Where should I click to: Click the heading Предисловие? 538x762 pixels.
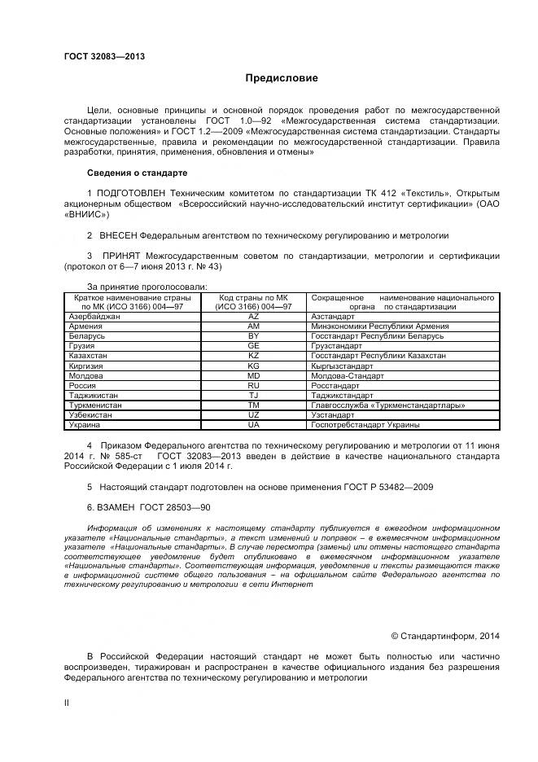tap(282, 78)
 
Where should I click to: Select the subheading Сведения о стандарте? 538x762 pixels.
tap(137, 173)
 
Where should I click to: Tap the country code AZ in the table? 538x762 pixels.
tap(253, 316)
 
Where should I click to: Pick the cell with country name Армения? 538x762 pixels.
tap(87, 326)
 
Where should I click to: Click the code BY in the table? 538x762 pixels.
tap(253, 335)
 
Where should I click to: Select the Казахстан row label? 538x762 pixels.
tap(91, 356)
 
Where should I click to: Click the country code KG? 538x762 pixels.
tap(253, 366)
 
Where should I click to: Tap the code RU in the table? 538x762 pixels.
tap(253, 385)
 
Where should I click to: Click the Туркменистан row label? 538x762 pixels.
tap(97, 405)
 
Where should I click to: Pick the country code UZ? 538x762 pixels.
tap(253, 414)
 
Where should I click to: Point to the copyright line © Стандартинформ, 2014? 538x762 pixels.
tap(445, 635)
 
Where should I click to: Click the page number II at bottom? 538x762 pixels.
tap(67, 699)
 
